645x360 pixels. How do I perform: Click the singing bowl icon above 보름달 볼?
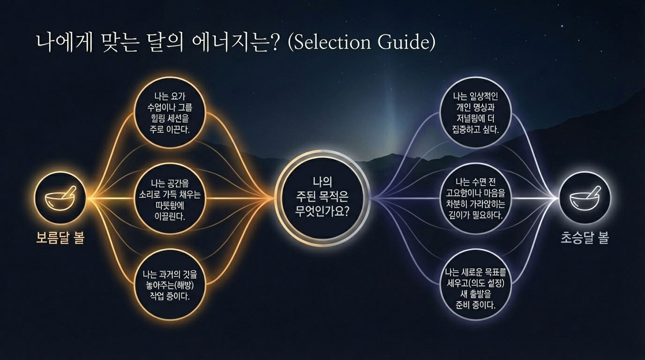60,198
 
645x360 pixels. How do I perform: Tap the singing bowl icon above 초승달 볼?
585,198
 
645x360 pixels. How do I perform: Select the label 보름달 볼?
60,238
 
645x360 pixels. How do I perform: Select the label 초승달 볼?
585,238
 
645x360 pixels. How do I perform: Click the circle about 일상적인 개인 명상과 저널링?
476,112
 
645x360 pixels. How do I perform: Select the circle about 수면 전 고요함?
476,199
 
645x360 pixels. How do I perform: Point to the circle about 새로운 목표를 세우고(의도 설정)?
476,286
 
